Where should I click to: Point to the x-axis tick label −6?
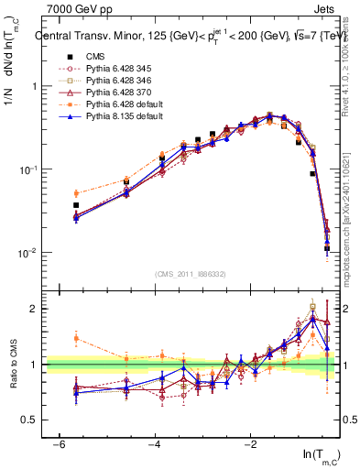click(59, 444)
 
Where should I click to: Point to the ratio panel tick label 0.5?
click(28, 420)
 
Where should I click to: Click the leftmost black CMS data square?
click(76, 205)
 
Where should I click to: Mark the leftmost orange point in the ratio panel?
click(76, 338)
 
